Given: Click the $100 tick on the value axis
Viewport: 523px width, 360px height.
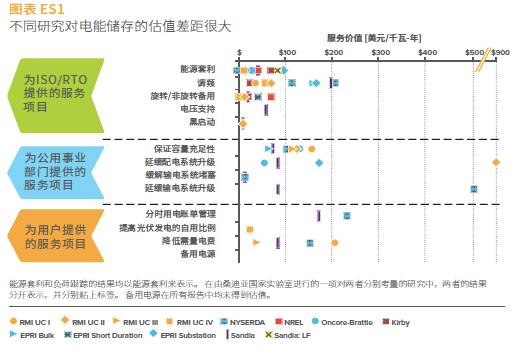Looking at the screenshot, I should coord(286,51).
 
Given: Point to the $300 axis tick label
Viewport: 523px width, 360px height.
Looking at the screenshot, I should coord(380,51).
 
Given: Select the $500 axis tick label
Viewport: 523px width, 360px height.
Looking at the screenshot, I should coord(474,51).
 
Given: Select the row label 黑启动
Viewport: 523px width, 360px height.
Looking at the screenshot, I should coord(203,122).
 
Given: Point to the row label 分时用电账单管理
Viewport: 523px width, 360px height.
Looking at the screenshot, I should coord(180,214).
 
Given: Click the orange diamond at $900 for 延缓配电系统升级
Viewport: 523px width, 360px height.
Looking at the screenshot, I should coord(497,162).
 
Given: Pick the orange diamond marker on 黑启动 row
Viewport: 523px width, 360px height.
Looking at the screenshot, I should coord(242,123).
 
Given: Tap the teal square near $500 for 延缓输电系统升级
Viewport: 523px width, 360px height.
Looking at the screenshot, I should coord(473,188).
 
